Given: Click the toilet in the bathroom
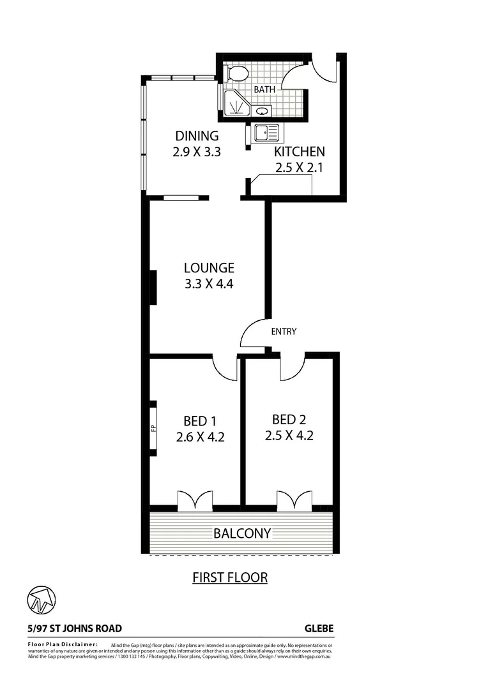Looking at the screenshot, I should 238,74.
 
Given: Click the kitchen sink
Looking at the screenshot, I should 265,133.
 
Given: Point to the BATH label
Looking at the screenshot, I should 264,90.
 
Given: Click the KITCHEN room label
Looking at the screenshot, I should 300,152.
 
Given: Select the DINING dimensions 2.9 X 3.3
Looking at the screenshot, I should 197,152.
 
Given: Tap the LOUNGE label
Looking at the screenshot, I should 209,268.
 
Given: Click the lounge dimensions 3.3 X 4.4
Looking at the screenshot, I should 209,285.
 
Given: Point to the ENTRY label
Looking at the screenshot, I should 284,331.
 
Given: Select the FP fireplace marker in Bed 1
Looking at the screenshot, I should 153,427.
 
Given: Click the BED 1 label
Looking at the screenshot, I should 200,421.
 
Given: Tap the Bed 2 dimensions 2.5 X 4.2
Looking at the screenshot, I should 289,436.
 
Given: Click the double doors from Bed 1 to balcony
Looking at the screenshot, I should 194,501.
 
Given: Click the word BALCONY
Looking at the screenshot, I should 242,533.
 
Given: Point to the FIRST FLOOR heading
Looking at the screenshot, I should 230,578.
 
